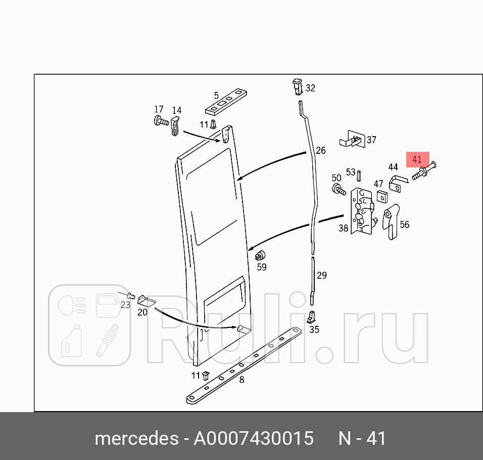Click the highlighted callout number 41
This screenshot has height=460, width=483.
[417, 159]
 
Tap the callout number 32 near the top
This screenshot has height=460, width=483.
[310, 88]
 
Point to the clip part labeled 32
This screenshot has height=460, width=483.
[297, 86]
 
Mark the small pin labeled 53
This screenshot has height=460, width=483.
[359, 175]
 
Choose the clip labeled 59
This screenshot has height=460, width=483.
[261, 255]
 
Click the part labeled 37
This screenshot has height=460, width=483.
[352, 139]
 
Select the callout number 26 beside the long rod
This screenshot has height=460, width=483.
[321, 150]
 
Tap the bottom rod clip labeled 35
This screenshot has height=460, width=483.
[312, 317]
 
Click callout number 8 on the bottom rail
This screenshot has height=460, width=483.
[242, 379]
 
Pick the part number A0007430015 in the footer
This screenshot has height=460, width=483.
[254, 438]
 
